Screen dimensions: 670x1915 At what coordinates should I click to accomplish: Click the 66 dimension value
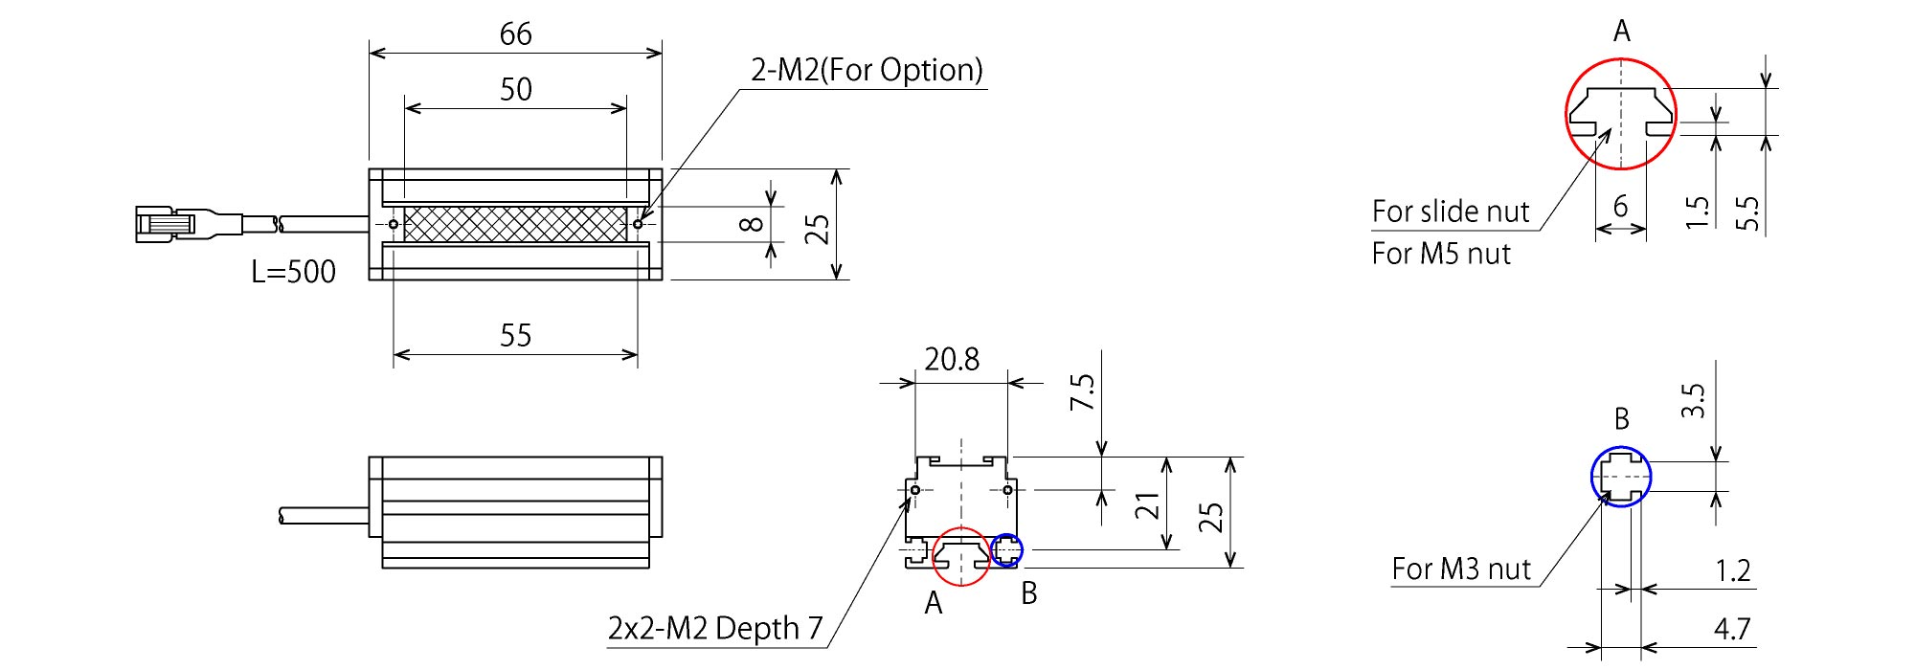pyautogui.click(x=515, y=34)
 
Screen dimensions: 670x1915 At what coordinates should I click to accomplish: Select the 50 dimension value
pyautogui.click(x=515, y=89)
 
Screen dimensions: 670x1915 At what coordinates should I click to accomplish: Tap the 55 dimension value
pyautogui.click(x=515, y=336)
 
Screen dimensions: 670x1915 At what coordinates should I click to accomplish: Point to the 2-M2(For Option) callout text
pyautogui.click(x=867, y=70)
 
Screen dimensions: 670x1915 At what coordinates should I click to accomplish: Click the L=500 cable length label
pyautogui.click(x=293, y=272)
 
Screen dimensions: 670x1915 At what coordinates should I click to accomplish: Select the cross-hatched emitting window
pyautogui.click(x=515, y=224)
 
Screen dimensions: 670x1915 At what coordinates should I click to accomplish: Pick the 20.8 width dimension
pyautogui.click(x=952, y=360)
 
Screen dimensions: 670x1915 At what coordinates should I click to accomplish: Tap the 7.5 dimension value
pyautogui.click(x=1082, y=392)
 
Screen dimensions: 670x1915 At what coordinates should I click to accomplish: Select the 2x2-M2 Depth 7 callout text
pyautogui.click(x=715, y=629)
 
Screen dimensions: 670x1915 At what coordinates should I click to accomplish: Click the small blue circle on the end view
pyautogui.click(x=1006, y=550)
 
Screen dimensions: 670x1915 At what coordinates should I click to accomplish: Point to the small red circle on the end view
pyautogui.click(x=960, y=555)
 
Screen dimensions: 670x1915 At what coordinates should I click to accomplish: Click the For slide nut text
pyautogui.click(x=1451, y=212)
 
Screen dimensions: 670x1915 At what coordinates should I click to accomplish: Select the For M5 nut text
pyautogui.click(x=1441, y=254)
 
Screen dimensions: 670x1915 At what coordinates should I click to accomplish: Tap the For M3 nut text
pyautogui.click(x=1461, y=569)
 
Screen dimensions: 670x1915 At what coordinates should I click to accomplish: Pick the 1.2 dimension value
pyautogui.click(x=1732, y=571)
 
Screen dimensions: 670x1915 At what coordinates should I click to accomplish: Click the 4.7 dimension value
pyautogui.click(x=1732, y=629)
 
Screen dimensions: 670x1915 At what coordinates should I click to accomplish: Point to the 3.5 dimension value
pyautogui.click(x=1694, y=400)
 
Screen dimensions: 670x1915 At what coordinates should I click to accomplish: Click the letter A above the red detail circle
pyautogui.click(x=1621, y=33)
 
